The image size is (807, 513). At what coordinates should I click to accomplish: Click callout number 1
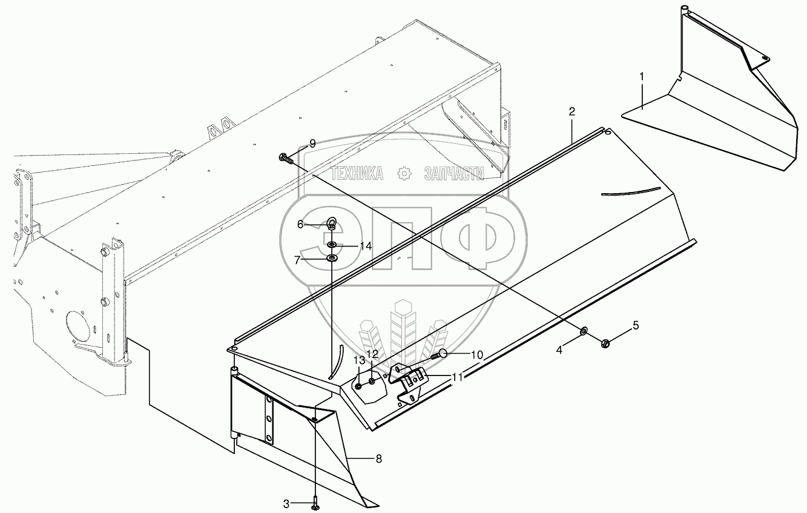point(642,76)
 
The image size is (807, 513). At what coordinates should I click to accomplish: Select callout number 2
point(571,111)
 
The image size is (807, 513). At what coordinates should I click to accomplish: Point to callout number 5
point(636,325)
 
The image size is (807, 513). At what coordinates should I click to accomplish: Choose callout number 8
point(378,459)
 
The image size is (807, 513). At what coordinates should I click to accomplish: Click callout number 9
point(312,144)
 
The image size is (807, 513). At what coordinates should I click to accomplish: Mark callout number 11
point(458,376)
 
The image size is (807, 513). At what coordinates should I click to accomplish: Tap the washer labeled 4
point(584,331)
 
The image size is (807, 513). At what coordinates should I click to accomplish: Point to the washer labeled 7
point(332,259)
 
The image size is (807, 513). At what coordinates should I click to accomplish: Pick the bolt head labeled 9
point(285,159)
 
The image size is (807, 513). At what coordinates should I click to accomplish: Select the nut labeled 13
point(359,386)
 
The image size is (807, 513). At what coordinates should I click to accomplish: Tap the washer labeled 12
point(372,382)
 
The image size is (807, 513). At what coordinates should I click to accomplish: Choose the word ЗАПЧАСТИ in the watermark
point(454,174)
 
